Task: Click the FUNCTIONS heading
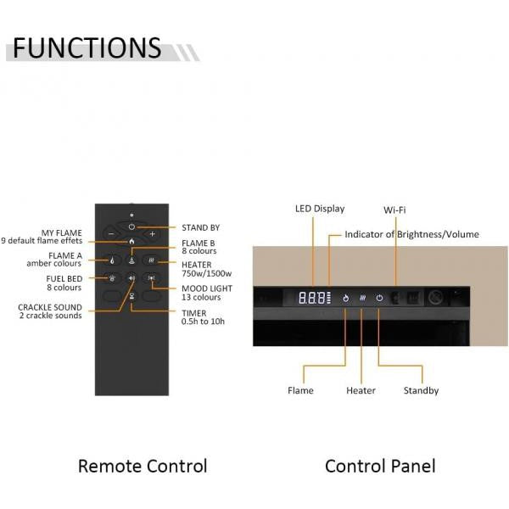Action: click(x=87, y=48)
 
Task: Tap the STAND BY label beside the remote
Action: click(x=200, y=227)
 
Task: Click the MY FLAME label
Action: click(x=61, y=232)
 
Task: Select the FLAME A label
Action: click(x=64, y=255)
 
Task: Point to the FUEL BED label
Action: click(x=64, y=277)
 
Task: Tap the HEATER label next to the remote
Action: click(x=198, y=265)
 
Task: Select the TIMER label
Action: click(x=193, y=313)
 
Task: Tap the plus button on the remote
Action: click(x=153, y=233)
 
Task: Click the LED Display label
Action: click(x=319, y=209)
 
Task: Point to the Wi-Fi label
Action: click(x=394, y=209)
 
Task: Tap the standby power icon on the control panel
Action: click(x=379, y=298)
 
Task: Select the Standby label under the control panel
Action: click(x=421, y=391)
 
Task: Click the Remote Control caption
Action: click(x=142, y=466)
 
